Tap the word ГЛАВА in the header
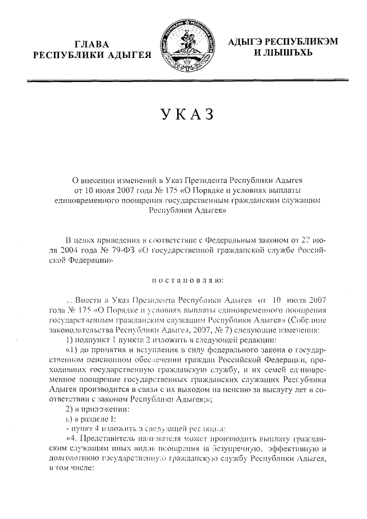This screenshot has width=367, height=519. pos(95,44)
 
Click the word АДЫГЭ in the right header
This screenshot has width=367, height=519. pos(248,41)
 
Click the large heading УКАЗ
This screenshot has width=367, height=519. pos(183,114)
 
